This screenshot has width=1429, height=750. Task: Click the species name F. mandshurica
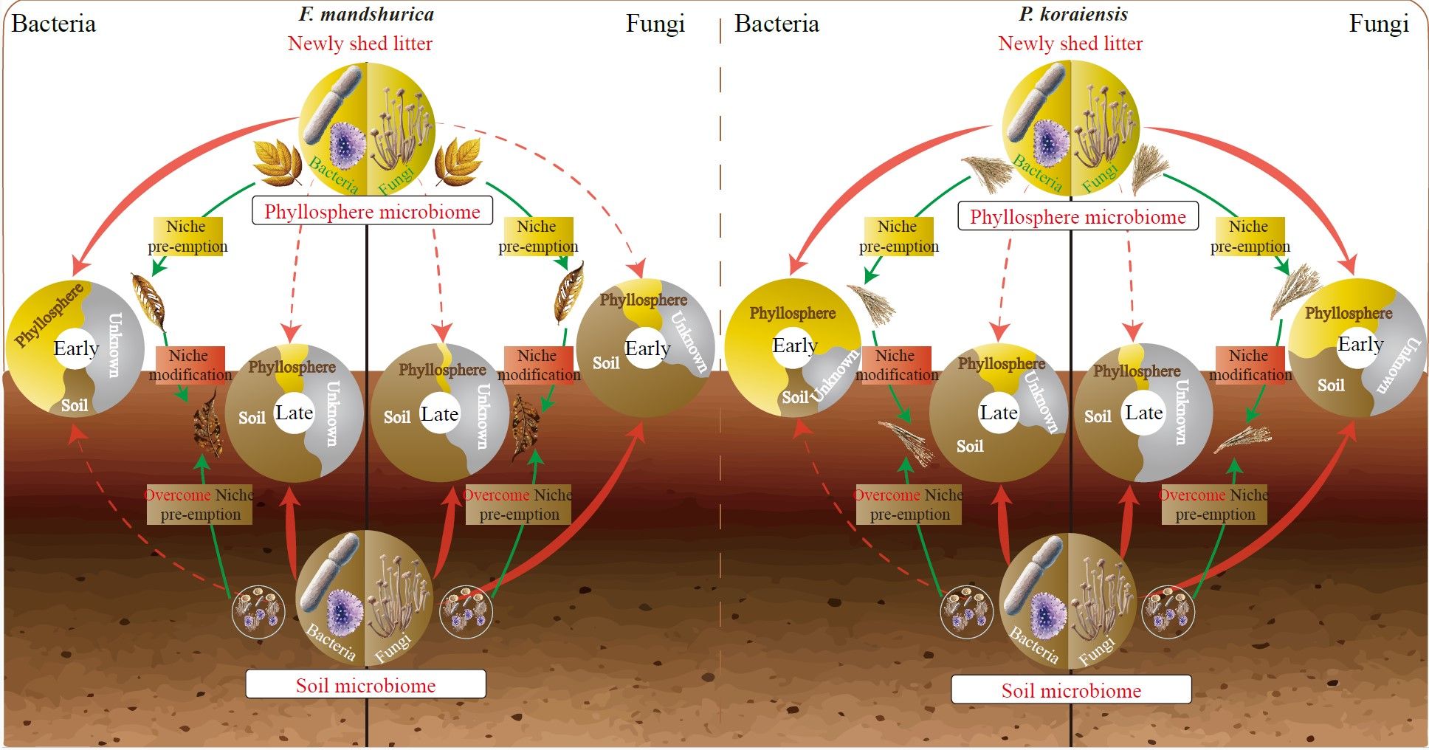pyautogui.click(x=366, y=14)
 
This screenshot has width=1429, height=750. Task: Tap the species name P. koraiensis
pyautogui.click(x=1073, y=14)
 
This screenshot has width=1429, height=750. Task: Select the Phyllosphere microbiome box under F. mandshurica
pyautogui.click(x=372, y=212)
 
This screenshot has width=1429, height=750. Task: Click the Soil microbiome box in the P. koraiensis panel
pyautogui.click(x=1071, y=690)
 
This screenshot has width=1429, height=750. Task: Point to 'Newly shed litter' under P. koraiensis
pyautogui.click(x=1070, y=44)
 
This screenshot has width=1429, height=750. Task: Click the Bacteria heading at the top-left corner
pyautogui.click(x=54, y=24)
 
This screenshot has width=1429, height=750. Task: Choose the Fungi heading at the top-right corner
pyautogui.click(x=1378, y=24)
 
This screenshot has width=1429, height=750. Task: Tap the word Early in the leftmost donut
pyautogui.click(x=76, y=348)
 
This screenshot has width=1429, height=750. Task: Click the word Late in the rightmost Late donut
pyautogui.click(x=1143, y=413)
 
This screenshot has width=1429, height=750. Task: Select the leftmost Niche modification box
pyautogui.click(x=190, y=365)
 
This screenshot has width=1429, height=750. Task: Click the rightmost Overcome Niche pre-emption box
pyautogui.click(x=1214, y=505)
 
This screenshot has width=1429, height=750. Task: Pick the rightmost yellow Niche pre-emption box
pyautogui.click(x=1250, y=236)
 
